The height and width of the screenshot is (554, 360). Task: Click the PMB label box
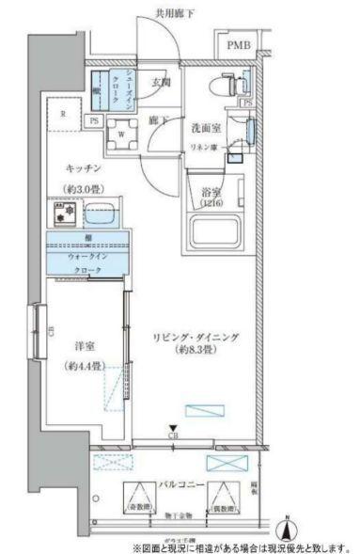click(240, 44)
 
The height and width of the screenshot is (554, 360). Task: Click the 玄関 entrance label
click(160, 83)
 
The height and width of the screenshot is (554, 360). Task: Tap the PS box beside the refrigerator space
click(95, 120)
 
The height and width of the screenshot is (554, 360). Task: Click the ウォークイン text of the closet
click(86, 255)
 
